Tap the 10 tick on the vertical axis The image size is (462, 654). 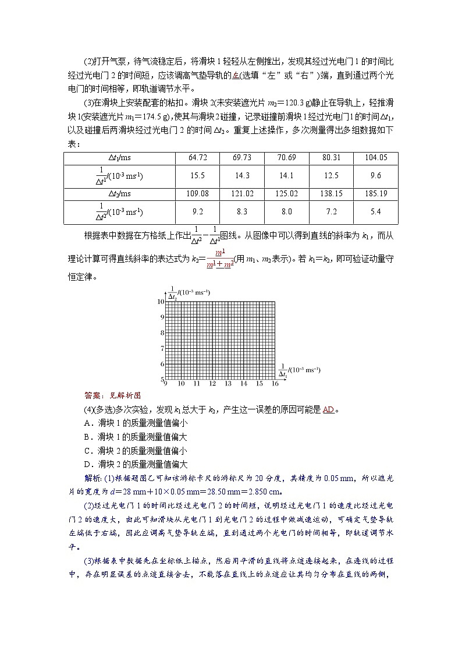coord(161,301)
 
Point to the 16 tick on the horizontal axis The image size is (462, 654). coord(275,384)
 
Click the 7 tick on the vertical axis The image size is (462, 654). coord(162,348)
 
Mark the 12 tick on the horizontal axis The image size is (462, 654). coord(212,384)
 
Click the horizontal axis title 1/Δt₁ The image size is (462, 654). coord(300,372)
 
